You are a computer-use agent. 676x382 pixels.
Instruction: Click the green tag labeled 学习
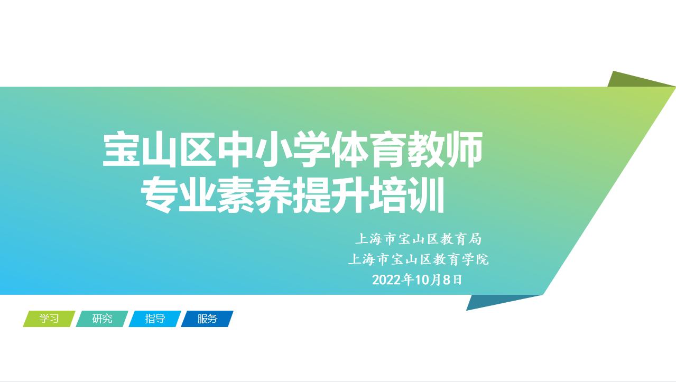point(49,319)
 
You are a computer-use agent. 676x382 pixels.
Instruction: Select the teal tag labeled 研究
point(102,319)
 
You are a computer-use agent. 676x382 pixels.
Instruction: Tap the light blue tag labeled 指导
point(155,319)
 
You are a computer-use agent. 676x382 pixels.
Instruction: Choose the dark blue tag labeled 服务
point(207,319)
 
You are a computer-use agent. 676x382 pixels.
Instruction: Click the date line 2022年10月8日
point(417,280)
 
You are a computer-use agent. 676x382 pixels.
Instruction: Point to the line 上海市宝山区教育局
point(418,239)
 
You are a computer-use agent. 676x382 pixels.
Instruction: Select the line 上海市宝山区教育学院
point(418,259)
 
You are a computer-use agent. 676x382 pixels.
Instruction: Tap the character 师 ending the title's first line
point(465,149)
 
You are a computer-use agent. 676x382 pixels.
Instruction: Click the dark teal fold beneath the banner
point(501,302)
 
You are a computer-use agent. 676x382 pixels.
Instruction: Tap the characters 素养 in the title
point(255,194)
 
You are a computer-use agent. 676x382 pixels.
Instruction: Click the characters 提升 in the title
point(331,194)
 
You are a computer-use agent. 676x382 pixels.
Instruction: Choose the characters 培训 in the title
point(407,194)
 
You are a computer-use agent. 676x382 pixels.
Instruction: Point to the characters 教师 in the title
point(446,149)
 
